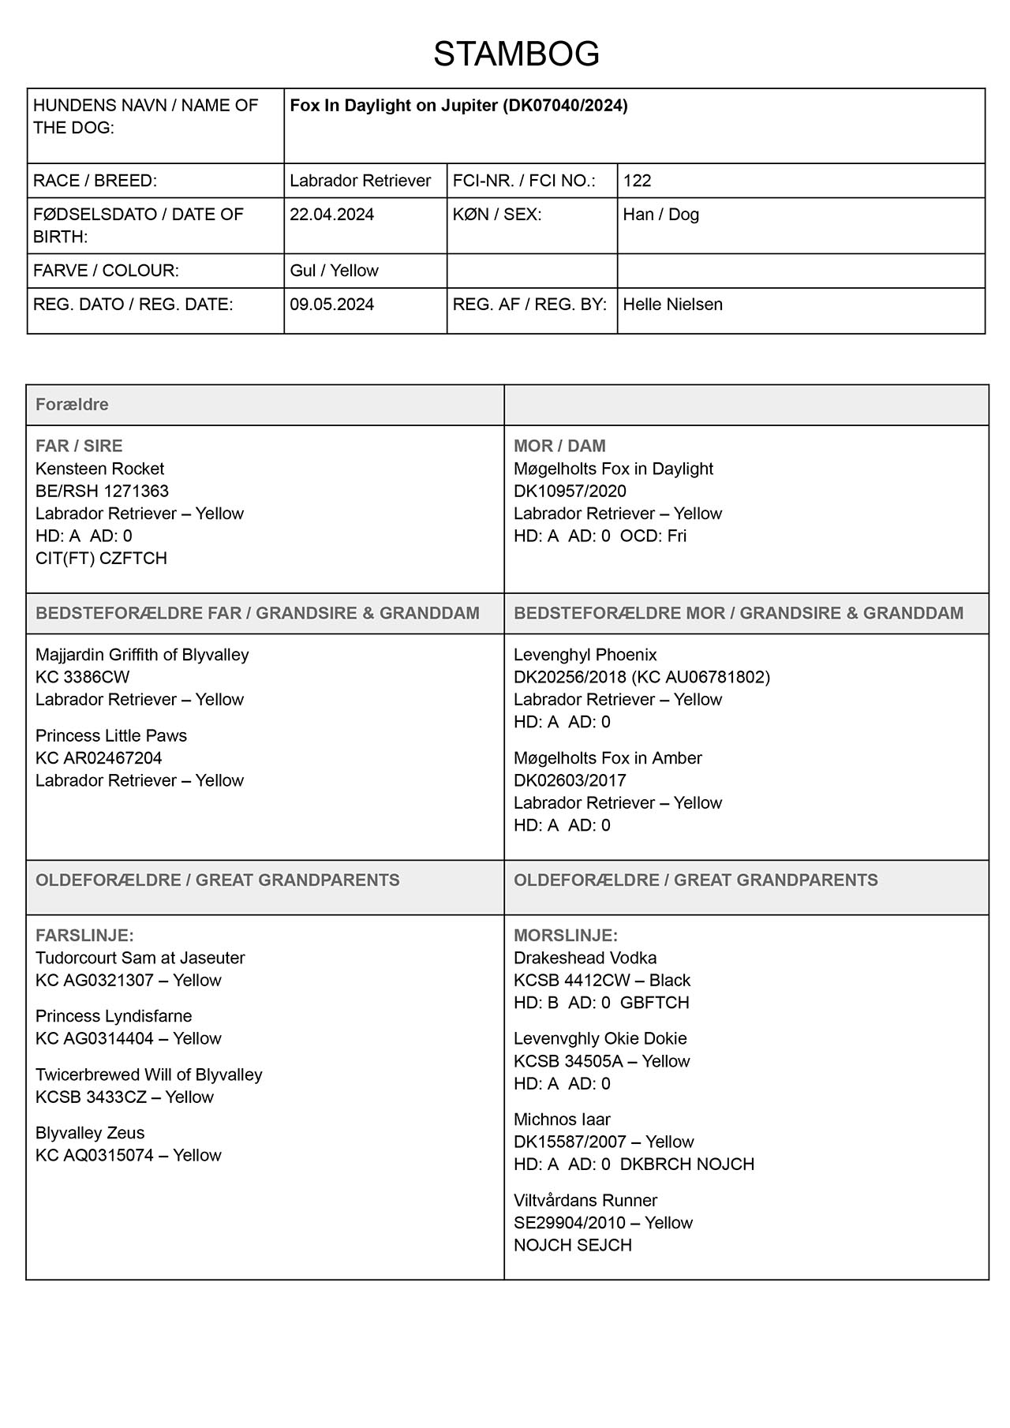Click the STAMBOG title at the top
click(x=516, y=54)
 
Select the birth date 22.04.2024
click(x=331, y=215)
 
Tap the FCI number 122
click(x=637, y=181)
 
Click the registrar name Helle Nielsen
click(x=672, y=305)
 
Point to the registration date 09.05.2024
click(x=331, y=305)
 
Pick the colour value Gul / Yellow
click(x=334, y=271)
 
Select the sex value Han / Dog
click(x=660, y=215)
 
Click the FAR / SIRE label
click(x=79, y=446)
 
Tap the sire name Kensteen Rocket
click(x=99, y=469)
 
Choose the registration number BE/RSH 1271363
click(x=102, y=491)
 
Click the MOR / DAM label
click(x=559, y=446)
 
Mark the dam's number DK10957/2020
click(x=570, y=491)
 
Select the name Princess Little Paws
click(x=111, y=735)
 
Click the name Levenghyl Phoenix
click(x=585, y=655)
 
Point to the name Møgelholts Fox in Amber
click(x=608, y=758)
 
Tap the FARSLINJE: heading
click(x=84, y=936)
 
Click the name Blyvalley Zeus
click(x=90, y=1133)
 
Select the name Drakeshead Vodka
click(x=585, y=958)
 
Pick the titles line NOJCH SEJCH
click(x=572, y=1245)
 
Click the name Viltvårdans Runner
click(x=585, y=1200)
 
